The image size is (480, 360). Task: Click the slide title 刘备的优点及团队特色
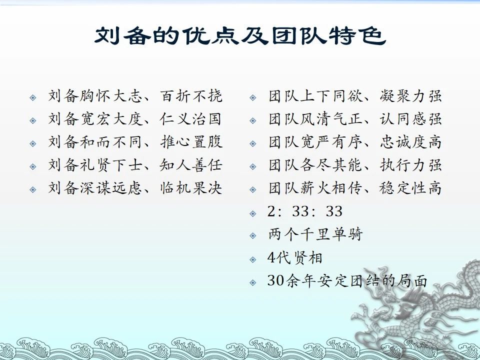240,36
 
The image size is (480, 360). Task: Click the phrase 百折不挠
190,96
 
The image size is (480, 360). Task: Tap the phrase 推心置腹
191,141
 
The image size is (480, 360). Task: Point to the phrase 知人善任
190,164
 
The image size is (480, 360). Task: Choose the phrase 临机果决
190,187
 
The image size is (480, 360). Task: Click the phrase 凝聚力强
411,96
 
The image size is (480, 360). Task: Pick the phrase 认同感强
411,119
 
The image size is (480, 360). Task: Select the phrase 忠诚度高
411,141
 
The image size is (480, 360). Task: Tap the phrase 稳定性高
410,187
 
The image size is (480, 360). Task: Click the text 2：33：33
305,211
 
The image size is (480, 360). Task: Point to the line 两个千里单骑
315,234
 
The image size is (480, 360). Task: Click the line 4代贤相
295,258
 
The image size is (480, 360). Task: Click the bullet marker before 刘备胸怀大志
33,97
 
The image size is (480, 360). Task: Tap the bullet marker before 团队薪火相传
253,190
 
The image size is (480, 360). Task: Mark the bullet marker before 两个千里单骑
253,235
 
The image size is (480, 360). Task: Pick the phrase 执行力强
411,164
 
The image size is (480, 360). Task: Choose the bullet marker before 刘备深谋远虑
33,190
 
